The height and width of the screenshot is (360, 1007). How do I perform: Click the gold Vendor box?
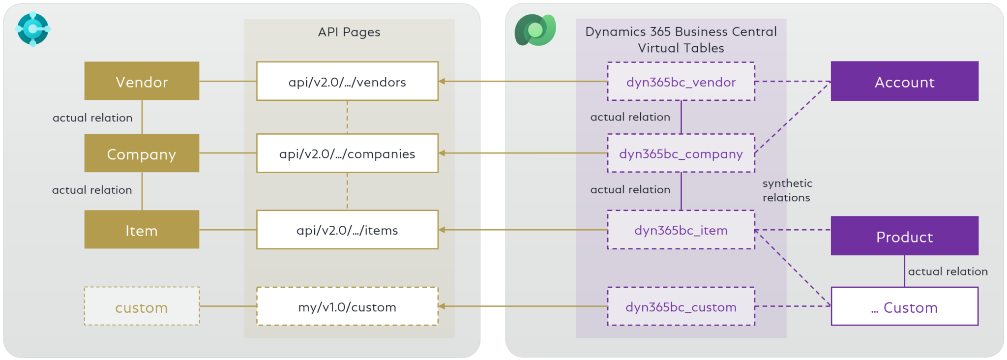coord(142,81)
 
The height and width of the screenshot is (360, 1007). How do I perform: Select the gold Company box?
coord(142,153)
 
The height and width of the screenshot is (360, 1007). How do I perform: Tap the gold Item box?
coord(142,230)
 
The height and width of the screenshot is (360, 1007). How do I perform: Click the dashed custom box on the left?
coord(142,306)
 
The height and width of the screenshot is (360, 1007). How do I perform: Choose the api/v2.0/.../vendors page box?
coord(347,81)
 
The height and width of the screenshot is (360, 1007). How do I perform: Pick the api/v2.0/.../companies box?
coord(347,153)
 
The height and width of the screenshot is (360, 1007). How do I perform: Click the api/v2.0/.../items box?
coord(347,230)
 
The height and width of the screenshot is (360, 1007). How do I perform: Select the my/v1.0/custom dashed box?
coord(347,306)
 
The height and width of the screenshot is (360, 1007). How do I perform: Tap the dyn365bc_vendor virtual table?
coord(681,82)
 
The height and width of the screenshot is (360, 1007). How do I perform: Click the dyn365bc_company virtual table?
coord(681,153)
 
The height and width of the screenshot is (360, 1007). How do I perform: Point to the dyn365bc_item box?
coord(681,230)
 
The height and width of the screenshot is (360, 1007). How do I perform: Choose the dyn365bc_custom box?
coord(681,306)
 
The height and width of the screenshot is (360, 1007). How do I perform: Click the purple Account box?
coord(904,81)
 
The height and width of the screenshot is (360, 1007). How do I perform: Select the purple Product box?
coord(904,236)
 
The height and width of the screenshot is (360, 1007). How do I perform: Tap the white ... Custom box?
coord(904,306)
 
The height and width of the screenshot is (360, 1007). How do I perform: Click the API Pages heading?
coord(349,32)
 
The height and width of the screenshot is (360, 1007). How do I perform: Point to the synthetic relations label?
coord(787,190)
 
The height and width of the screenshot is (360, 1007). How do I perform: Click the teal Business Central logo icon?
coord(32,29)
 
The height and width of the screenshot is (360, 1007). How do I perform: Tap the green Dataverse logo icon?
coord(535,30)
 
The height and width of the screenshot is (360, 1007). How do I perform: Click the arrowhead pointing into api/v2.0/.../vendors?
coord(442,81)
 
